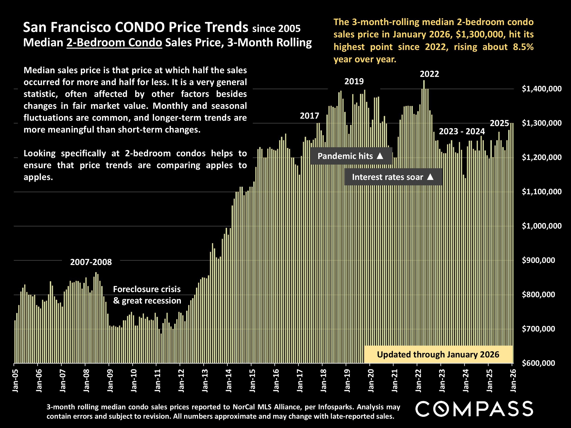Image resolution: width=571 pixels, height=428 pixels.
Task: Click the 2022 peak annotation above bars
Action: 429,74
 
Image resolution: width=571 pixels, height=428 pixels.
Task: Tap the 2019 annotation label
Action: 354,81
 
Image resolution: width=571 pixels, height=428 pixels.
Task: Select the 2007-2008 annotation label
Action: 91,262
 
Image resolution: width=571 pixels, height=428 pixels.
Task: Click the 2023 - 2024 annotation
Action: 462,131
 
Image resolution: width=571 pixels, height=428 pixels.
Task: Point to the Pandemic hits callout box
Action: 351,156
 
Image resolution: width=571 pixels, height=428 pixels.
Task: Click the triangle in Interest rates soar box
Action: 430,177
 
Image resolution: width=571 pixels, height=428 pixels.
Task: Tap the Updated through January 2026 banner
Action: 438,354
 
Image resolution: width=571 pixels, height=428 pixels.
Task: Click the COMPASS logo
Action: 474,409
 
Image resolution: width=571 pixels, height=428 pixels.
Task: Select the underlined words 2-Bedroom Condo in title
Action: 114,42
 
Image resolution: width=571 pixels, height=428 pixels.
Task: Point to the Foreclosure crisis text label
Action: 147,289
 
